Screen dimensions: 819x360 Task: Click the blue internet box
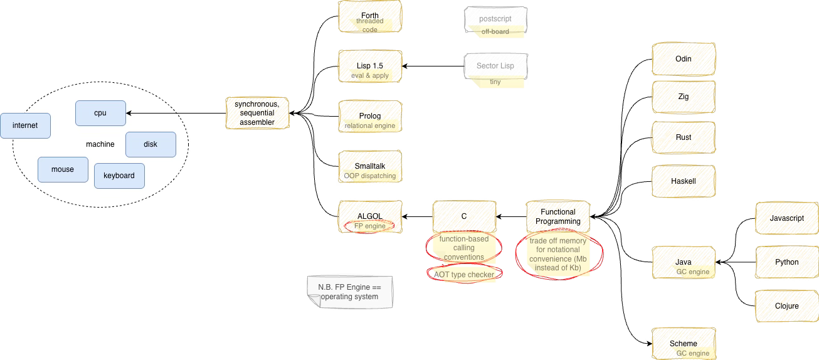point(25,125)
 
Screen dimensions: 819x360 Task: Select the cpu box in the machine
point(100,113)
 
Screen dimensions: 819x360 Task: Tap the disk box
point(151,144)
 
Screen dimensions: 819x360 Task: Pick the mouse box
point(63,169)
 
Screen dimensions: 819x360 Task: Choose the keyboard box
point(119,176)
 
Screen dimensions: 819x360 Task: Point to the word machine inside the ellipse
point(100,144)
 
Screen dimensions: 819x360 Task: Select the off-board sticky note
point(495,31)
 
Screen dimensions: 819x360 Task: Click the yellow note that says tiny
point(495,82)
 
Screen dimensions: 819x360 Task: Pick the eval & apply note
point(371,75)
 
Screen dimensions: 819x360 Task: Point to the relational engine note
point(371,125)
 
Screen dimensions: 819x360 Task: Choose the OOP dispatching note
point(371,176)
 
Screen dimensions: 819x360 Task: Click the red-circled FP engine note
point(370,226)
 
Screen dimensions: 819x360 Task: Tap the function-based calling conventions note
point(464,248)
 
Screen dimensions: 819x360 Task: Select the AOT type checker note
point(464,274)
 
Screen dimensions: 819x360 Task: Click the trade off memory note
point(558,254)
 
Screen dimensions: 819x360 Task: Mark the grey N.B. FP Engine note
point(349,292)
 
